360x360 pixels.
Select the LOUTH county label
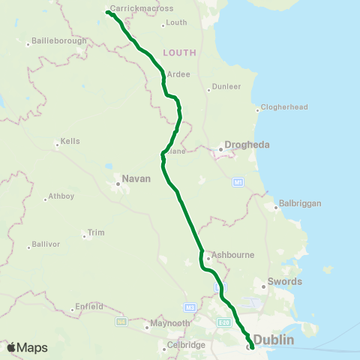[179, 52]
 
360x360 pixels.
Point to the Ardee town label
[178, 74]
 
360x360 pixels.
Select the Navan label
[136, 178]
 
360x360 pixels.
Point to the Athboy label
[60, 196]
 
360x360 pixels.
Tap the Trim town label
[96, 232]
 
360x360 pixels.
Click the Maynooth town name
[170, 323]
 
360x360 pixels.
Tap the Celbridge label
[187, 345]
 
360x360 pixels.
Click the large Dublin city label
[274, 340]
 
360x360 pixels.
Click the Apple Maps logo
[27, 347]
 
